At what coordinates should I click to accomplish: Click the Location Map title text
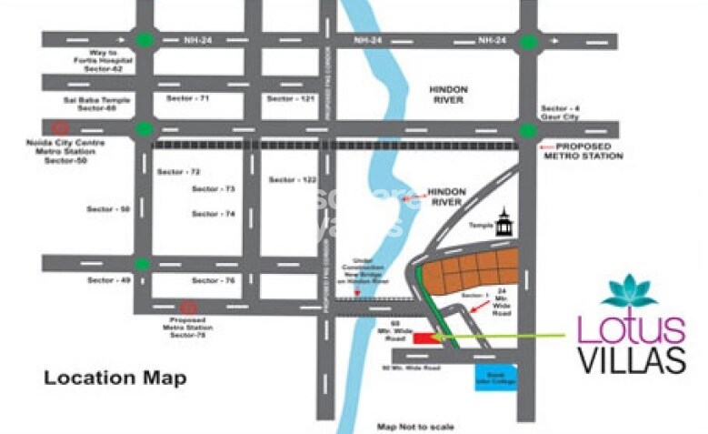[x=115, y=378]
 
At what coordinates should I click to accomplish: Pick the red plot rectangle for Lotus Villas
[x=424, y=338]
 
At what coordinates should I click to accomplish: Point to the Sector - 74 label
[x=214, y=213]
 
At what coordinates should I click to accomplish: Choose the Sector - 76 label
[x=214, y=280]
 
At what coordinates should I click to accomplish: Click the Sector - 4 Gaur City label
[x=560, y=113]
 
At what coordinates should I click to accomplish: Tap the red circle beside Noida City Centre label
[x=60, y=128]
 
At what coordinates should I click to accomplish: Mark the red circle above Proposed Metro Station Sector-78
[x=188, y=308]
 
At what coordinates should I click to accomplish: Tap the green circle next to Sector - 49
[x=143, y=264]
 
